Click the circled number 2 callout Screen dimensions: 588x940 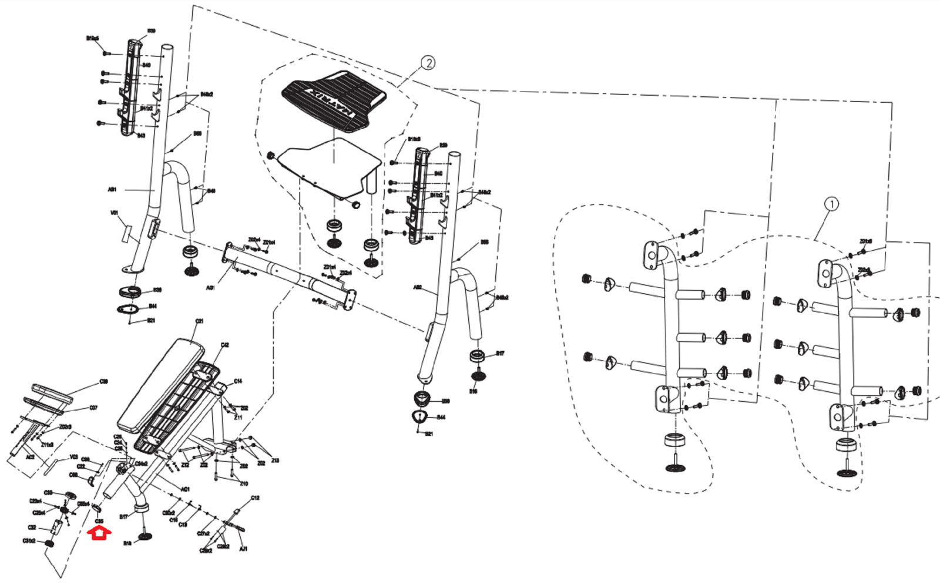tap(428, 63)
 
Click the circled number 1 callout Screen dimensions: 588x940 tap(831, 204)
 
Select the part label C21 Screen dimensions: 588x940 tap(199, 321)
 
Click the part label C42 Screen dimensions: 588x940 tap(225, 345)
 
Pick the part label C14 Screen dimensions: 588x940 tap(238, 381)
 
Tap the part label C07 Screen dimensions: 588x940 tap(93, 408)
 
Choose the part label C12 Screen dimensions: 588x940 tap(255, 498)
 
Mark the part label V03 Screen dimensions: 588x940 tap(73, 456)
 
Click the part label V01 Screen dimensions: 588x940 tap(115, 213)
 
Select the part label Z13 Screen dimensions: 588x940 tap(276, 461)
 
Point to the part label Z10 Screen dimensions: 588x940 tap(244, 483)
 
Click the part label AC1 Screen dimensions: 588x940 tap(185, 489)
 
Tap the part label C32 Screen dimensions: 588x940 tap(32, 527)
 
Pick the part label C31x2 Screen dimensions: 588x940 tap(29, 541)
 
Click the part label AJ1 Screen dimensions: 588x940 tap(243, 549)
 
